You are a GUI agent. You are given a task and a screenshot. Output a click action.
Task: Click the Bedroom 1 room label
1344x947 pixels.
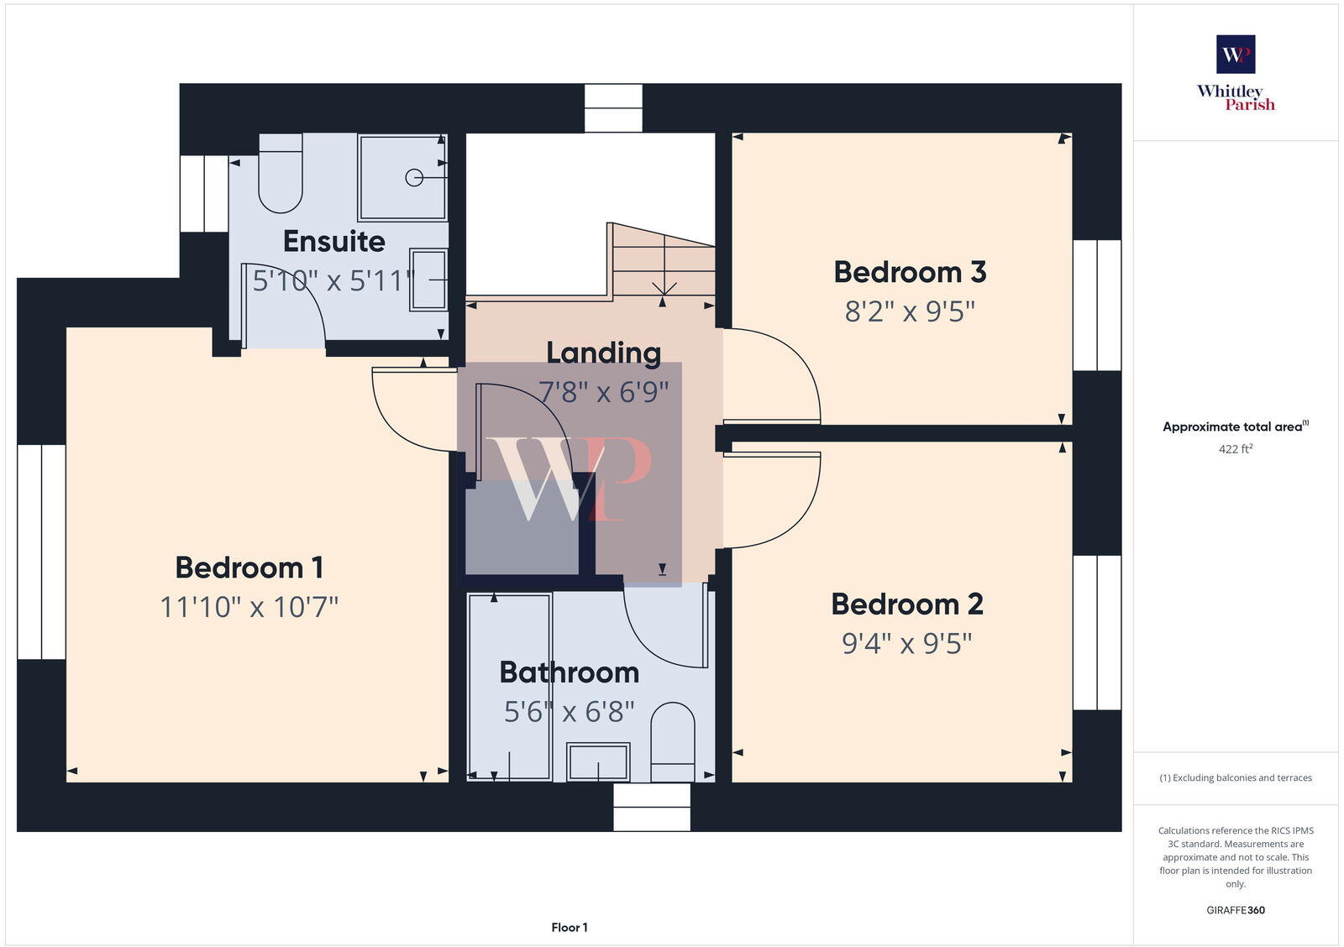pos(249,568)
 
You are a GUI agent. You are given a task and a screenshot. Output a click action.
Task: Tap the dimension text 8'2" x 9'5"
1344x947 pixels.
pos(910,311)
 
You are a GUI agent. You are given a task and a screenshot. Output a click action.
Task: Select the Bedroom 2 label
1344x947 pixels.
pos(906,604)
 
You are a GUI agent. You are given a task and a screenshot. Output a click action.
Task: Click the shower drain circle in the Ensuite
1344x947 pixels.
pos(413,177)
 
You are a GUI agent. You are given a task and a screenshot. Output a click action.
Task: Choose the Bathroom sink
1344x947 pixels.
pos(598,762)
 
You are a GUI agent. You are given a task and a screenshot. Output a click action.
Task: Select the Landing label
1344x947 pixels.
pos(603,353)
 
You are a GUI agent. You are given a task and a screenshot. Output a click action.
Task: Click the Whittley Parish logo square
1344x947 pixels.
pos(1236,55)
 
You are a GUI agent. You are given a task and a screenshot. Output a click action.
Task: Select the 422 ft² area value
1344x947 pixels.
pos(1236,449)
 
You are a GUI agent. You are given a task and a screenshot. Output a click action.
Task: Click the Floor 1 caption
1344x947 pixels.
pos(570,928)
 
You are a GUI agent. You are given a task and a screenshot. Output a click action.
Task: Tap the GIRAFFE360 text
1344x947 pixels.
pos(1236,910)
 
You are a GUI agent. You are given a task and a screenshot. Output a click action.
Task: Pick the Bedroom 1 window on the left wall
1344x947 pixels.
pos(41,552)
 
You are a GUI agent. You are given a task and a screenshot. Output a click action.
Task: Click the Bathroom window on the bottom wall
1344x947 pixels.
pos(652,807)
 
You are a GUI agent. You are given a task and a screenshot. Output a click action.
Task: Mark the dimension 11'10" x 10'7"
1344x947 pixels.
pos(249,606)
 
